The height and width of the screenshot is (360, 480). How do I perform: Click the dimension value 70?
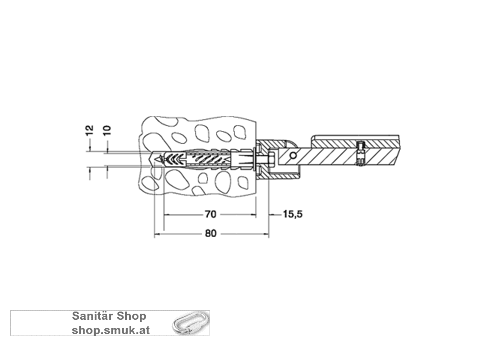210,214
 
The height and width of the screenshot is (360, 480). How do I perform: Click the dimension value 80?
210,233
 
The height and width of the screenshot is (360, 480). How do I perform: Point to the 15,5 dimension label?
293,214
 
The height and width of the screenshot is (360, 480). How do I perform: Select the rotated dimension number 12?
89,130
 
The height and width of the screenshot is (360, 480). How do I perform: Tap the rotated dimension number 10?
107,130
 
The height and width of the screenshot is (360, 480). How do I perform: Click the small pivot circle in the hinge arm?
293,155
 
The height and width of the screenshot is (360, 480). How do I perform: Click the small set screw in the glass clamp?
360,153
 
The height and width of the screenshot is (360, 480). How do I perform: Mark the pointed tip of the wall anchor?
151,158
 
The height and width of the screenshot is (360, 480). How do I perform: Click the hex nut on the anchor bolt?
270,159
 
